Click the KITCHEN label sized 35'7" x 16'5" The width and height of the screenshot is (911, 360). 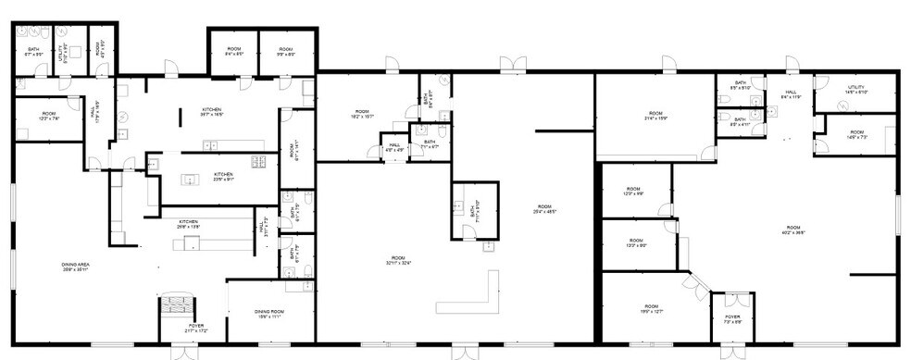tap(212, 112)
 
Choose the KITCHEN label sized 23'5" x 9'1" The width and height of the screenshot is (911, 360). tap(223, 176)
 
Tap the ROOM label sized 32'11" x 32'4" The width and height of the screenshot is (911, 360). tap(397, 260)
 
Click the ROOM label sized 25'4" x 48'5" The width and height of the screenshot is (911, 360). tap(543, 209)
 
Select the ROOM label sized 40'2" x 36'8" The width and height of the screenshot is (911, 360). tap(793, 230)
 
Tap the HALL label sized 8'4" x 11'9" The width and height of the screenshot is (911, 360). tap(791, 94)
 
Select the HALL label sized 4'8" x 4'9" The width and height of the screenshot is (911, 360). tap(394, 146)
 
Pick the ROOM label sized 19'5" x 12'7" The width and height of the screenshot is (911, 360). tap(651, 309)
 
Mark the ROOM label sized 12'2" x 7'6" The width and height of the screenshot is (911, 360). tap(48, 118)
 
